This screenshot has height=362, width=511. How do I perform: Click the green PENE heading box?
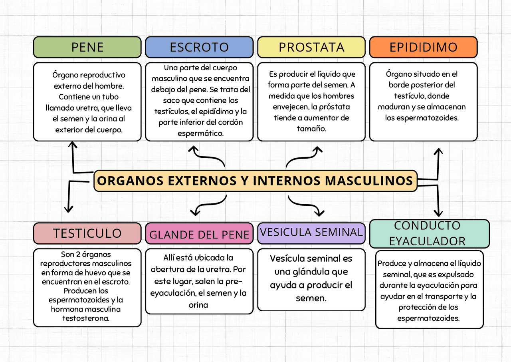(87, 47)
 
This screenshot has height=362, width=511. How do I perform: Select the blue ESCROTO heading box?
(199, 47)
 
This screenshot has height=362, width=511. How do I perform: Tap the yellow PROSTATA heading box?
(311, 47)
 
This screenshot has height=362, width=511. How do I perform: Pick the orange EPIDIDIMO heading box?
(423, 47)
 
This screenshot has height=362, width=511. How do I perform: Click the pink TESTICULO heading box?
(87, 233)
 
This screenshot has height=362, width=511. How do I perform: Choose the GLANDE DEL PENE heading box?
(199, 235)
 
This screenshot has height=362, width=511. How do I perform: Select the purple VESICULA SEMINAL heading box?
(311, 232)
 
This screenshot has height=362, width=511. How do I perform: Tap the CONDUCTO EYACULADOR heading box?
(429, 234)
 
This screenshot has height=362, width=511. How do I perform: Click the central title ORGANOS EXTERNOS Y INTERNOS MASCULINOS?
(255, 181)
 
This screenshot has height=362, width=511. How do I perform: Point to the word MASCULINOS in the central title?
(368, 181)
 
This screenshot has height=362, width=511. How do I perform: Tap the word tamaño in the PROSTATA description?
(311, 129)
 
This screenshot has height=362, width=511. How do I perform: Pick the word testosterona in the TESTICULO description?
(86, 318)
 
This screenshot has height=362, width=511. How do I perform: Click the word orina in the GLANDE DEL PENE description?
(198, 305)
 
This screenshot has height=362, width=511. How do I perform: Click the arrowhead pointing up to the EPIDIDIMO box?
(438, 151)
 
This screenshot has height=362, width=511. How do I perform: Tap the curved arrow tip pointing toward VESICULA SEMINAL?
(320, 213)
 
